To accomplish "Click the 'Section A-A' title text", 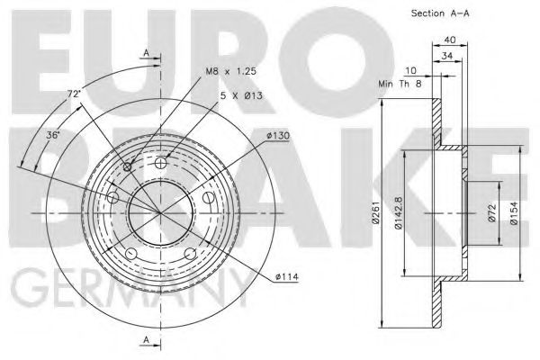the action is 440,13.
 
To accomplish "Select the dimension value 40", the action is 450,40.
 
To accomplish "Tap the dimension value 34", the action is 447,56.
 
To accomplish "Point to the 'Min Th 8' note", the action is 400,84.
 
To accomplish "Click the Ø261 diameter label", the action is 375,213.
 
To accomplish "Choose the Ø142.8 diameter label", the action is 399,212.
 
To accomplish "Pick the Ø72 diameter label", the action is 492,213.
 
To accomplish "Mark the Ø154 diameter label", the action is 514,213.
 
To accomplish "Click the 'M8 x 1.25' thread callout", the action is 231,71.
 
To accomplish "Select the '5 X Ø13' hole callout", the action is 241,95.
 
